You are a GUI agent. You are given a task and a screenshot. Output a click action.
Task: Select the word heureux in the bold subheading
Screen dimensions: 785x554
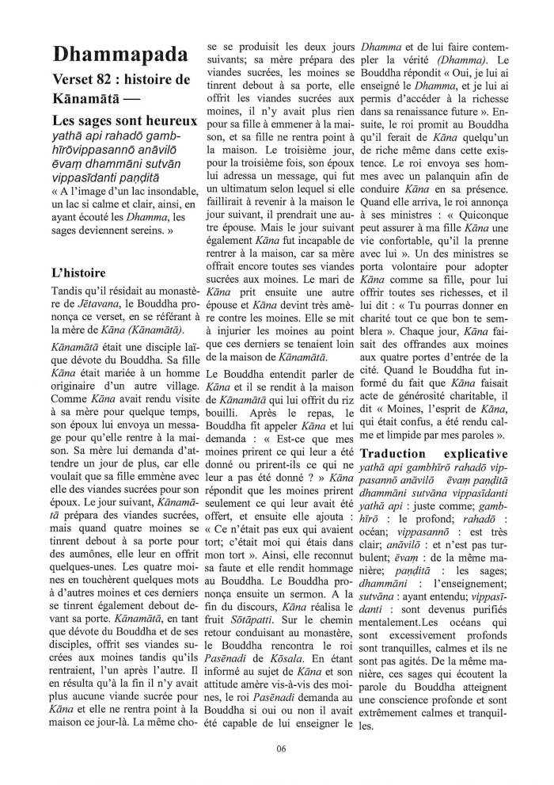(x=169, y=123)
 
